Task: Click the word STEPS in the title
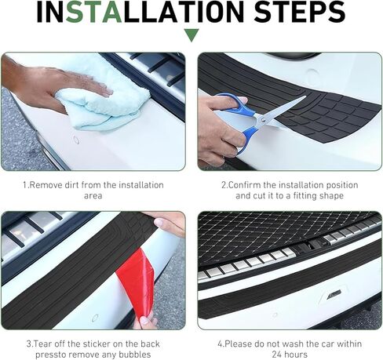tap(299, 12)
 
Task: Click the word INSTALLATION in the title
tap(140, 12)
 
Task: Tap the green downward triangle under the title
tap(191, 35)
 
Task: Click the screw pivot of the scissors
tap(263, 119)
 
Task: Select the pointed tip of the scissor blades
tap(305, 96)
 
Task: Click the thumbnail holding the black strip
tap(159, 223)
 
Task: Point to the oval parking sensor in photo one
tap(76, 140)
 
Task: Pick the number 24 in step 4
tap(277, 355)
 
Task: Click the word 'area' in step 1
tap(93, 196)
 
